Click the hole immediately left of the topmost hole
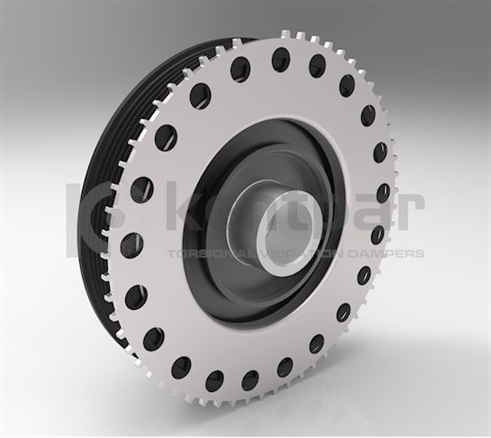(240, 70)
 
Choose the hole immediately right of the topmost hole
(318, 66)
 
